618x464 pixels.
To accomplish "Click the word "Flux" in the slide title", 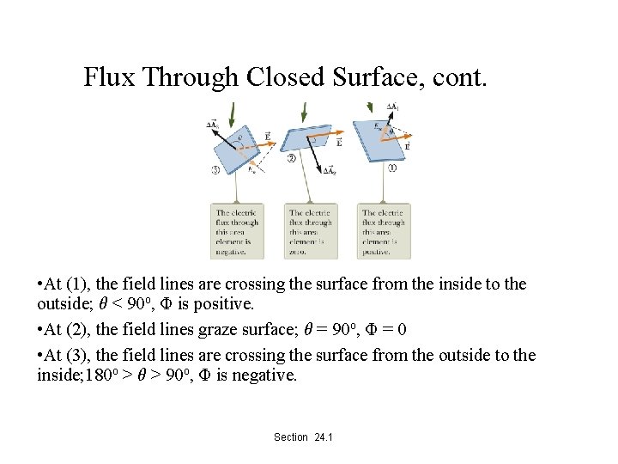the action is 110,78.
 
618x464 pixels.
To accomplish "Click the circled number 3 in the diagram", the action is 215,170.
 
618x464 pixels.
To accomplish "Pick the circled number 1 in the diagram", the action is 391,168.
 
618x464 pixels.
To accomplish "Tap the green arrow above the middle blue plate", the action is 303,111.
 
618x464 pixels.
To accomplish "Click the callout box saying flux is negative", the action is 237,230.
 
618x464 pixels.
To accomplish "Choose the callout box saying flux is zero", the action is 311,230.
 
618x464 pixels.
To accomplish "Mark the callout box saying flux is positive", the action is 384,230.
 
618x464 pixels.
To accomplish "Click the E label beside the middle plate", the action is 340,143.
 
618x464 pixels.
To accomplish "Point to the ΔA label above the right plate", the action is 391,108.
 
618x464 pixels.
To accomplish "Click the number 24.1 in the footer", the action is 324,437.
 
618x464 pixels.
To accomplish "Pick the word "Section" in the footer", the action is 291,437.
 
